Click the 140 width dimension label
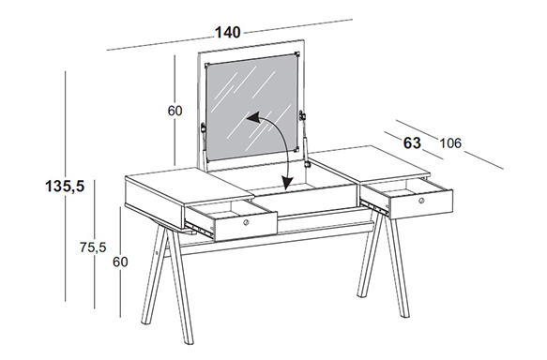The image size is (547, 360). coord(227,33)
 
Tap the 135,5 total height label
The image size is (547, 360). coord(65,187)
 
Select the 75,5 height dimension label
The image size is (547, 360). coord(93,247)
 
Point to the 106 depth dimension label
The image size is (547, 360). coord(450,143)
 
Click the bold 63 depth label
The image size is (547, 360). coord(412,143)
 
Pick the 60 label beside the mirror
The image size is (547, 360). coord(175,111)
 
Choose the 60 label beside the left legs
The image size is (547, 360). coord(120,262)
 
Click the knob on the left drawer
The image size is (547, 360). coord(246,222)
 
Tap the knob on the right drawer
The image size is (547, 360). coord(421,201)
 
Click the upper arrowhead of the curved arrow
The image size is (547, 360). coord(252,118)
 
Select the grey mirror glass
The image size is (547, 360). coord(251,107)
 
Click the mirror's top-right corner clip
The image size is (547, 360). coord(297,54)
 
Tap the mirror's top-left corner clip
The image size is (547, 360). coord(206,66)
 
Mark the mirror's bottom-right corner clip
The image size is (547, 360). coord(296,149)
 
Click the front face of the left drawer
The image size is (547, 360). coord(246,226)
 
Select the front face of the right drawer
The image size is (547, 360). coord(420,203)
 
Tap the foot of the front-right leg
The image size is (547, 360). coord(404,314)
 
